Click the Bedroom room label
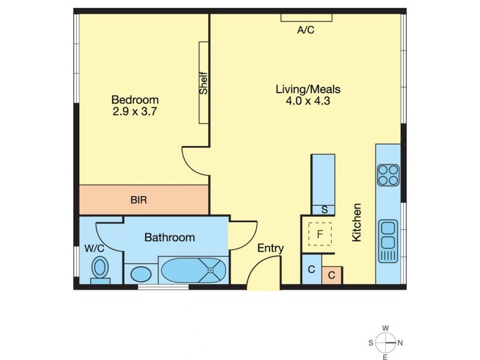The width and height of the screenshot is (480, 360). (135, 100)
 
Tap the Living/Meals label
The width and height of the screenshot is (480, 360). (308, 89)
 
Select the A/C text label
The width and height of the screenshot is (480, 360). (305, 30)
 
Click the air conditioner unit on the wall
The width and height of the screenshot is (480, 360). (305, 19)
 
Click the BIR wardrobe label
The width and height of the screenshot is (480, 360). (139, 200)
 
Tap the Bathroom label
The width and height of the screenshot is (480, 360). (169, 238)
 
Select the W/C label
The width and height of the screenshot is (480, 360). (94, 247)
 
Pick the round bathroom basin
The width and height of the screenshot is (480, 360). (142, 274)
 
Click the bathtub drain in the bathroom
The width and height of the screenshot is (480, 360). (211, 270)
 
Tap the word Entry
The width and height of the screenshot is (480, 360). (271, 248)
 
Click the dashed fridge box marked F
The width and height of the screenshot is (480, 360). (320, 233)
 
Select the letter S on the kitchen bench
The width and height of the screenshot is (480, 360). (324, 209)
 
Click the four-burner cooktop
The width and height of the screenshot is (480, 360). (388, 175)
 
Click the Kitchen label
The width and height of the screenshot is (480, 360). (357, 223)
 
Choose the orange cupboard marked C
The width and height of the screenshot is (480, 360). (332, 275)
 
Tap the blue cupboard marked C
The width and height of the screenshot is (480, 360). (311, 269)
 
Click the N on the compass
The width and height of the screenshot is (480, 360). (400, 343)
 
